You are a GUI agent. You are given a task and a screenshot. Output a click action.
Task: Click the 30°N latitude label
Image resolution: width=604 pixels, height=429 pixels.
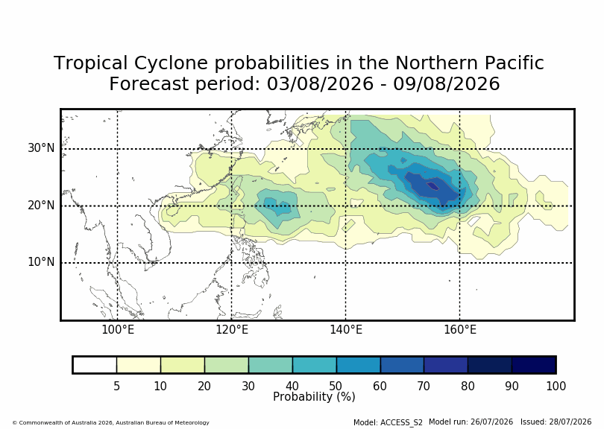point(41,148)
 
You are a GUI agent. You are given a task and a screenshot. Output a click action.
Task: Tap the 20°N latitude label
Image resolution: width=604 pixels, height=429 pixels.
point(41,205)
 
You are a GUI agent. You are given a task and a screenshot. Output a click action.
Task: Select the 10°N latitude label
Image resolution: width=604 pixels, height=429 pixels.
point(41,262)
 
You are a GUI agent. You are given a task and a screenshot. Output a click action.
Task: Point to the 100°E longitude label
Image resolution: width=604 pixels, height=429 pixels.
point(118,330)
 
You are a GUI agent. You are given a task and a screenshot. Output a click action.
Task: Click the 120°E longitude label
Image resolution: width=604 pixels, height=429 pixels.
point(231,330)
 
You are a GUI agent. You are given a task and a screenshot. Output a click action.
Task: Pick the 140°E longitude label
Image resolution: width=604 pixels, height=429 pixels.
point(345,330)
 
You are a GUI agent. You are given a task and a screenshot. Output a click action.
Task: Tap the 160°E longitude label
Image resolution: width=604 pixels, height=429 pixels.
point(460,330)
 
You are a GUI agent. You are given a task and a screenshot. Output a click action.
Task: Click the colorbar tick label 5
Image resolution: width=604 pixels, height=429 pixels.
point(117,386)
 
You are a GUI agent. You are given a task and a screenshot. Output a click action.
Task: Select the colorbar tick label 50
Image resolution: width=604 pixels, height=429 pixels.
point(336,386)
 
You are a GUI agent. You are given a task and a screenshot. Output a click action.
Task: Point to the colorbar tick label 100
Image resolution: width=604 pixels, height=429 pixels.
point(556,386)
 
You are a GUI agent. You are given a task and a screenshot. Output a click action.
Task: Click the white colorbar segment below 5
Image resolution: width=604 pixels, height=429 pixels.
point(95,365)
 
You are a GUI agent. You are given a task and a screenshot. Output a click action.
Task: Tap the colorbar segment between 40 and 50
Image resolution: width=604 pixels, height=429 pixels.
point(315,365)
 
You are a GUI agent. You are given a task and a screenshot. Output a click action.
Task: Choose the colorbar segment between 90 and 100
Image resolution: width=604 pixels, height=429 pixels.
point(533,365)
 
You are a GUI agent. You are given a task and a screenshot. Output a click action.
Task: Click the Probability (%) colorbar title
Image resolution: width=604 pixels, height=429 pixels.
point(314,397)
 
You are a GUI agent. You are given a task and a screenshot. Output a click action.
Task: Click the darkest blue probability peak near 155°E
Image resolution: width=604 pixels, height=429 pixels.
point(433,186)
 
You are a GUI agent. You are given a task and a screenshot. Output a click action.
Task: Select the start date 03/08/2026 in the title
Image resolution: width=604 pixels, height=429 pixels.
point(320,84)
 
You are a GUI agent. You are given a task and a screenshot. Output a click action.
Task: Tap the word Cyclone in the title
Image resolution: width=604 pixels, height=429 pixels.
point(171,63)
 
